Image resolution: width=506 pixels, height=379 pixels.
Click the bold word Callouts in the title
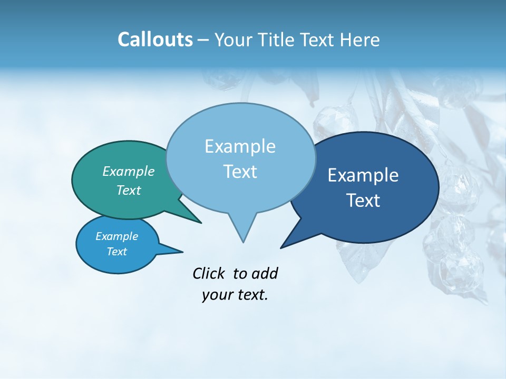pos(155,39)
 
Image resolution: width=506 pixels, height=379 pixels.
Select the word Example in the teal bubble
pos(128,171)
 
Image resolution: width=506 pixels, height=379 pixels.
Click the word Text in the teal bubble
pos(128,190)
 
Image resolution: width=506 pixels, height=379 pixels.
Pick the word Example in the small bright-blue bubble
pos(116,236)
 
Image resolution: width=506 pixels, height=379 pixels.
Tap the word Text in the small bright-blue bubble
pos(116,252)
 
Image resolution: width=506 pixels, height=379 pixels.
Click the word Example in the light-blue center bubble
pos(240,146)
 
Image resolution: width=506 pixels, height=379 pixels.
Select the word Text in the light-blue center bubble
pos(240,172)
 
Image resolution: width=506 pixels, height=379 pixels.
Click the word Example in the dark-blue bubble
pos(363,175)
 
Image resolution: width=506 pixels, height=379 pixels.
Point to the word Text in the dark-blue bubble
pos(363,201)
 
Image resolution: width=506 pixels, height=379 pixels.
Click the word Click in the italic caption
pos(209,273)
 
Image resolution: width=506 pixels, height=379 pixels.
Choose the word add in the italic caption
pos(264,273)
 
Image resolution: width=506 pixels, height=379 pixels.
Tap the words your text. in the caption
pos(235,295)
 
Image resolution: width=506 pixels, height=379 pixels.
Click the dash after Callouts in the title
pos(203,40)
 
